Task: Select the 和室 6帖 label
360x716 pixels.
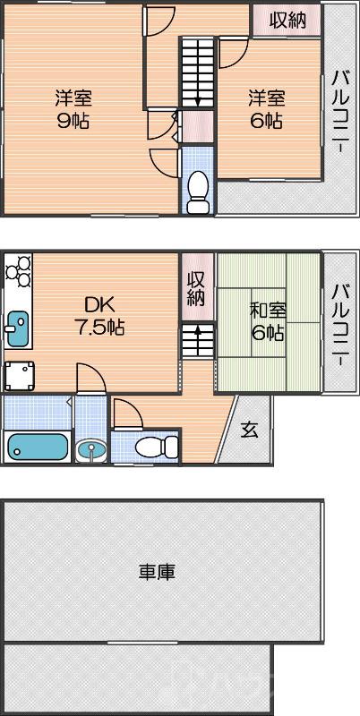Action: click(267, 322)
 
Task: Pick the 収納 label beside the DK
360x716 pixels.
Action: click(197, 289)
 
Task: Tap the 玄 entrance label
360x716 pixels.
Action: click(249, 430)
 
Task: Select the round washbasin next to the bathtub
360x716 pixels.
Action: click(90, 448)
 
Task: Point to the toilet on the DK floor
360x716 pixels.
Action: click(145, 446)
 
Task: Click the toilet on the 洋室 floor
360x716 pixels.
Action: click(198, 189)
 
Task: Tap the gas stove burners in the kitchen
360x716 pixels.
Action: click(18, 270)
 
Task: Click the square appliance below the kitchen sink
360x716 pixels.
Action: click(20, 375)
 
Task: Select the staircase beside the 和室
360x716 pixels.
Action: click(197, 339)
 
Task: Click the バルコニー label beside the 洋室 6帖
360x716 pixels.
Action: click(340, 113)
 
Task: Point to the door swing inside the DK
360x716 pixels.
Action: click(90, 379)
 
